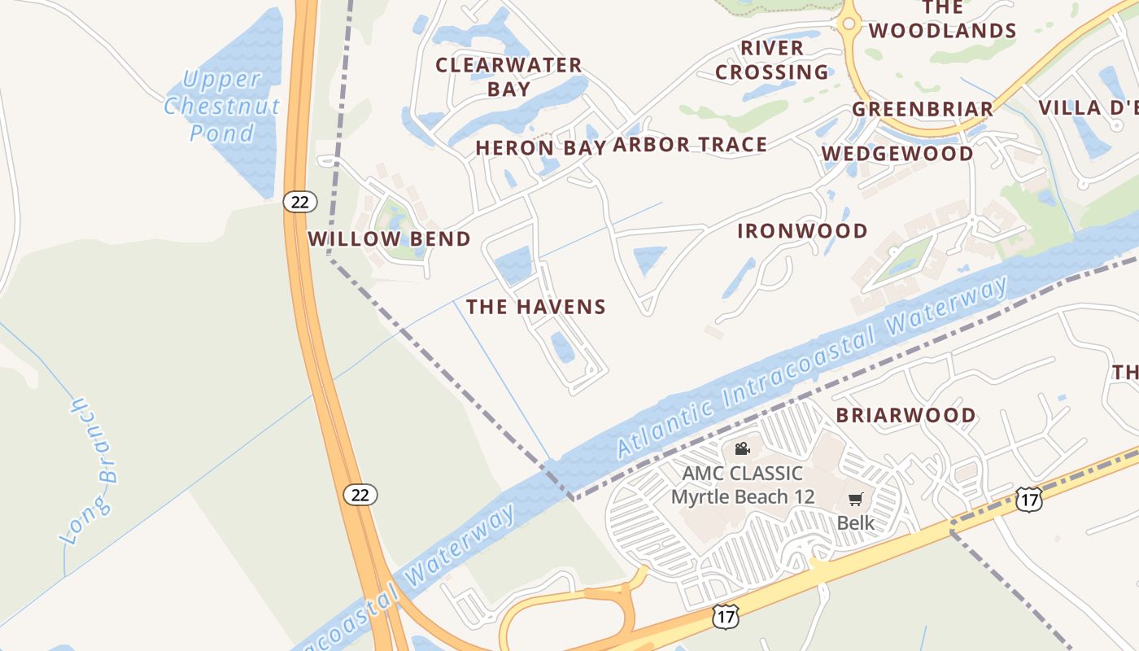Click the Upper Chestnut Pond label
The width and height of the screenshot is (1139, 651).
[222, 106]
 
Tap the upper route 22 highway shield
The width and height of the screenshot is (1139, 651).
[300, 201]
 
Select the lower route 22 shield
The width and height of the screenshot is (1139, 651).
[360, 494]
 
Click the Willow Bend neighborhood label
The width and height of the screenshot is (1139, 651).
[389, 239]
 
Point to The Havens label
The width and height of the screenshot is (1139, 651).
[536, 307]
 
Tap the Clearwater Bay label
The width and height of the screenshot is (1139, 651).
[508, 76]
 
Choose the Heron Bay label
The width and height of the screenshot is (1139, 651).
[540, 148]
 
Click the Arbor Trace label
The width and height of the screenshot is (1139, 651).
[690, 145]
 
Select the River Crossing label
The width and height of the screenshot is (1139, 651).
[772, 60]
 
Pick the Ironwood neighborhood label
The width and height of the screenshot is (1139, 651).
[802, 231]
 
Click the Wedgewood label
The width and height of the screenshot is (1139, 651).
[897, 154]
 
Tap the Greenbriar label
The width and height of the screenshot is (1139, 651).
[923, 109]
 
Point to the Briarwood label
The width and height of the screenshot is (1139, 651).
[906, 415]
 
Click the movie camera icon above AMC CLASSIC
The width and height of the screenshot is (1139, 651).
[742, 448]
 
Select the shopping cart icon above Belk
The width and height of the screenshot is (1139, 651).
[855, 499]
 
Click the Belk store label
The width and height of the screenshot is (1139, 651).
[856, 522]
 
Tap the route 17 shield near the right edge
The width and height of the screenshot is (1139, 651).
[1028, 499]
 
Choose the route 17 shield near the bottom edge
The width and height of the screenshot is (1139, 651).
[725, 617]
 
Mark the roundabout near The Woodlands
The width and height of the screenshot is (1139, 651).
[849, 24]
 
